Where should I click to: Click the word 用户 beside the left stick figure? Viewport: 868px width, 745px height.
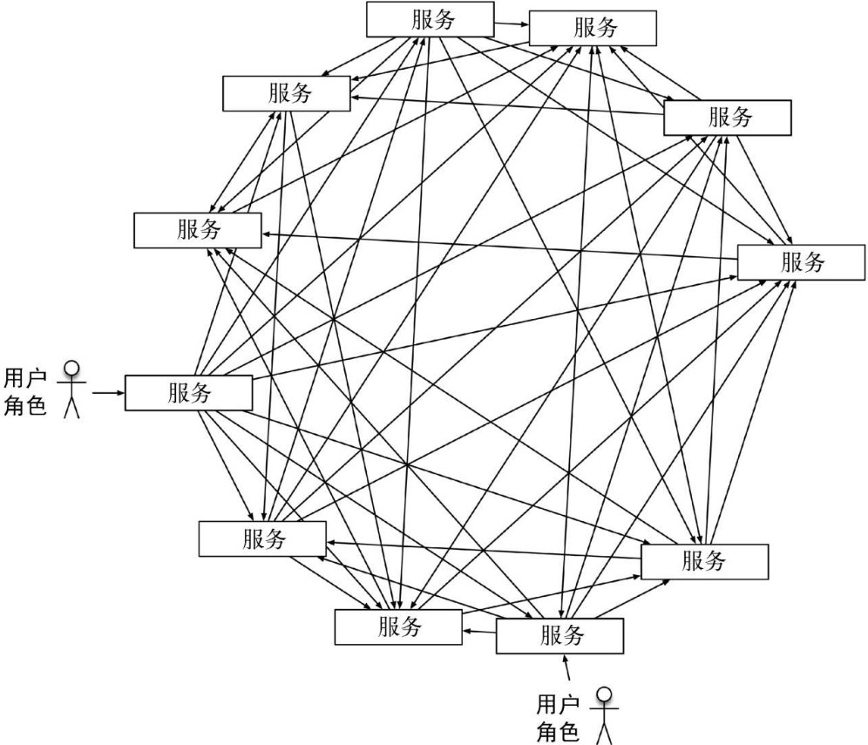pos(25,378)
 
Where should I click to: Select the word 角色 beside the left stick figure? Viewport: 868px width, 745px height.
pos(25,405)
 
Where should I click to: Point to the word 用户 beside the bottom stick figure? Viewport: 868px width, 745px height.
pos(558,704)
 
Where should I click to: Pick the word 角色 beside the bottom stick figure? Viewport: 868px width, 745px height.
pos(558,731)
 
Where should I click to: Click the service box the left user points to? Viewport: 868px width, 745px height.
pos(188,393)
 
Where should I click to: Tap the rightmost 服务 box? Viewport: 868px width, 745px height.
pos(801,262)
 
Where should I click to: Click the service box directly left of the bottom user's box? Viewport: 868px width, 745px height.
pos(398,626)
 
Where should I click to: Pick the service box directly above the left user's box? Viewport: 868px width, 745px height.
pos(197,230)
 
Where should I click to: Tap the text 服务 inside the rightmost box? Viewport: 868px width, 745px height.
pos(801,262)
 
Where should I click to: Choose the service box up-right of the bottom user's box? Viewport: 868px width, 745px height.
pos(704,561)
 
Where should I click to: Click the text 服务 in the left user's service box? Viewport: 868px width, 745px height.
pos(189,393)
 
